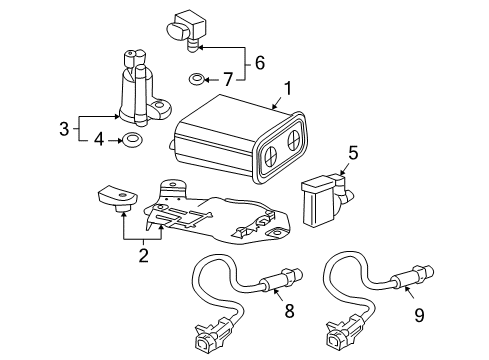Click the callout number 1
tap(287, 89)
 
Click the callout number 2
tap(143, 256)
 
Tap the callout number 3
tap(63, 128)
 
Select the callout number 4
tap(98, 141)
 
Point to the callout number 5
tap(351, 153)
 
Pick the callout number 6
tap(260, 62)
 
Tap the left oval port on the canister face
tap(270, 154)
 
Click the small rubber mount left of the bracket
tap(116, 199)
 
